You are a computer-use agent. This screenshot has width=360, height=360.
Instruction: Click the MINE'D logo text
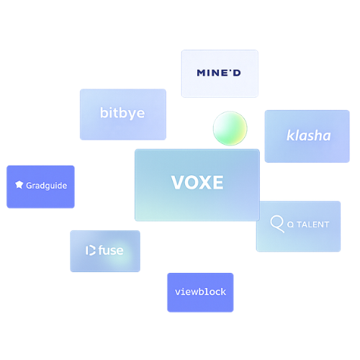pyautogui.click(x=219, y=73)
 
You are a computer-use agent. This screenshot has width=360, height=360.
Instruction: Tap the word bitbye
pyautogui.click(x=122, y=113)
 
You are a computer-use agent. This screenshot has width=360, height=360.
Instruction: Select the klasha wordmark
pyautogui.click(x=309, y=135)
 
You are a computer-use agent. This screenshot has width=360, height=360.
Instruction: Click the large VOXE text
pyautogui.click(x=197, y=182)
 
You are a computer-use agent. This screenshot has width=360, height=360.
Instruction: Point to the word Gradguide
pyautogui.click(x=47, y=186)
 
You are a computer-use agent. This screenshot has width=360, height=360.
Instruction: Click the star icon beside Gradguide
pyautogui.click(x=19, y=185)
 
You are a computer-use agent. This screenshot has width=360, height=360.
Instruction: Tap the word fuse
pyautogui.click(x=111, y=250)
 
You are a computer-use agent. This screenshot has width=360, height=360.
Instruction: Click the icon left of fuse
pyautogui.click(x=91, y=251)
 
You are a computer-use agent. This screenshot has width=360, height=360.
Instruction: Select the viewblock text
pyautogui.click(x=200, y=292)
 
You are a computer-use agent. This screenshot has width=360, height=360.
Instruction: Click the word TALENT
pyautogui.click(x=313, y=225)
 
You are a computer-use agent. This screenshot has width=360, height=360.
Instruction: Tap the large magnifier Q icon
pyautogui.click(x=277, y=224)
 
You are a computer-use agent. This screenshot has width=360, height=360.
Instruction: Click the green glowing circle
pyautogui.click(x=230, y=128)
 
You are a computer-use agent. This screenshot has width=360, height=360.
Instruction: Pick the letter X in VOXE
pyautogui.click(x=205, y=182)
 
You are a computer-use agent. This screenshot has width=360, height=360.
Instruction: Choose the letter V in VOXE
pyautogui.click(x=178, y=182)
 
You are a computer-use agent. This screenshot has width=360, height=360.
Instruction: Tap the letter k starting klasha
pyautogui.click(x=291, y=135)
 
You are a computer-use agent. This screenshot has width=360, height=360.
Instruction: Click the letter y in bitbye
pyautogui.click(x=132, y=114)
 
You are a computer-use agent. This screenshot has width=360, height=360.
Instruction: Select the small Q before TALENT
pyautogui.click(x=290, y=225)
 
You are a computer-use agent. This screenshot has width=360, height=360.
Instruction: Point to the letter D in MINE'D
pyautogui.click(x=237, y=73)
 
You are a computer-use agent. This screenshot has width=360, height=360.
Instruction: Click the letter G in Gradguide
pyautogui.click(x=29, y=185)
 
